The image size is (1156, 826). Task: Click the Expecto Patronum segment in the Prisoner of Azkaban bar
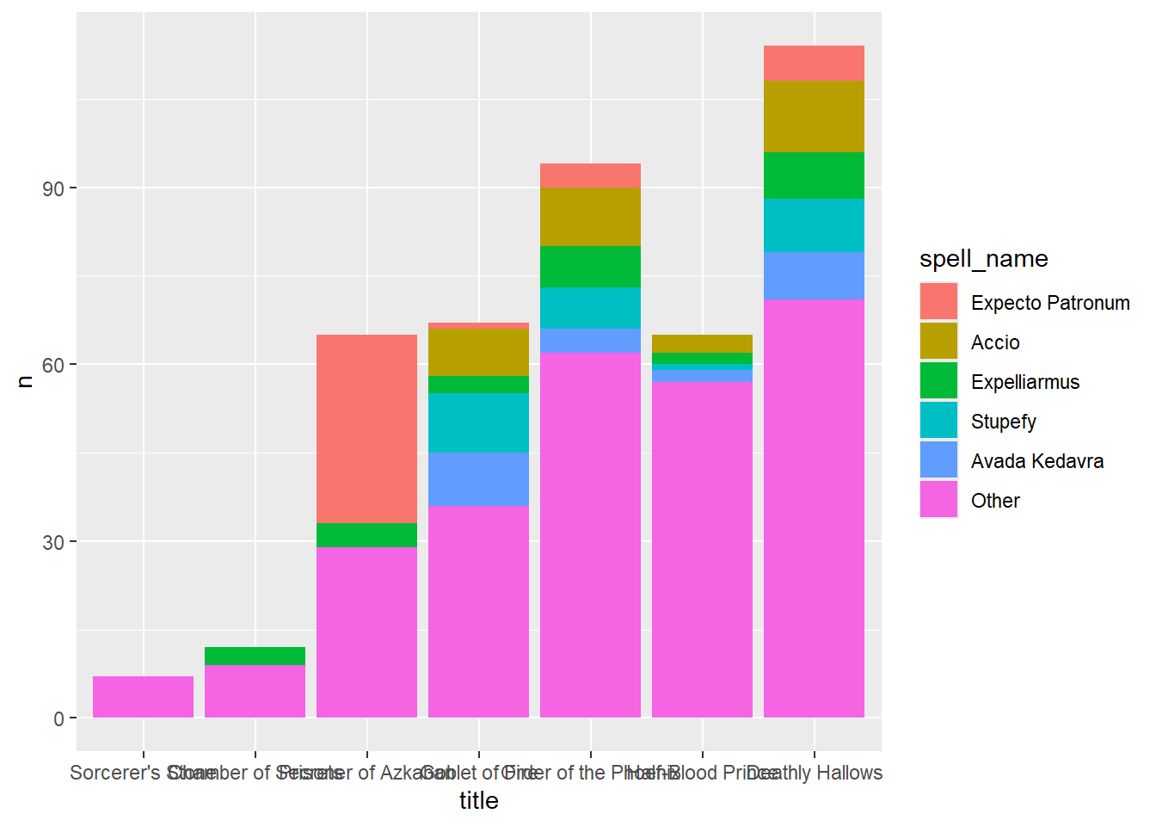click(366, 428)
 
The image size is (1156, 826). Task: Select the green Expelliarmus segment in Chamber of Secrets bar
click(255, 656)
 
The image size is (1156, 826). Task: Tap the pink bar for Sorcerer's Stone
click(143, 697)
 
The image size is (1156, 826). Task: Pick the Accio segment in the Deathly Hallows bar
click(814, 116)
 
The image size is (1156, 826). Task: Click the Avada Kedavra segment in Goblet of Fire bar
click(478, 478)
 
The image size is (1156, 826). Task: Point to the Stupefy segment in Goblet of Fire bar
click(478, 422)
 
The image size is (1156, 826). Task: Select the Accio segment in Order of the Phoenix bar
click(590, 217)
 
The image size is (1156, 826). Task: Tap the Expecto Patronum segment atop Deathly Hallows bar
click(814, 63)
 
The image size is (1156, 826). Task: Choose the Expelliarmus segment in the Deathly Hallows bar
click(814, 176)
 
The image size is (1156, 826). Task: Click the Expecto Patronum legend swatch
click(938, 302)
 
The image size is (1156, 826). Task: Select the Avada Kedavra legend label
click(1036, 461)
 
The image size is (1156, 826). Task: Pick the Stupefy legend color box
click(938, 421)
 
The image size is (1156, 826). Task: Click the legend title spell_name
click(983, 259)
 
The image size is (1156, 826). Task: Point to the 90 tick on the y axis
click(53, 188)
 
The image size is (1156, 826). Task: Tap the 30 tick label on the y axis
click(53, 542)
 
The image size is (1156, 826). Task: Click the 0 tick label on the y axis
click(58, 718)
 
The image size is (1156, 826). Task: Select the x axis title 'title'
click(478, 800)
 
